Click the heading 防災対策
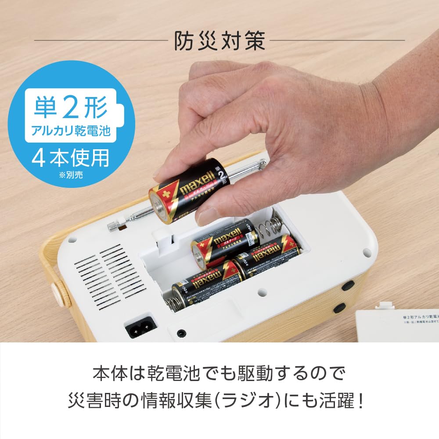219,41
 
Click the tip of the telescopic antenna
113,227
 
